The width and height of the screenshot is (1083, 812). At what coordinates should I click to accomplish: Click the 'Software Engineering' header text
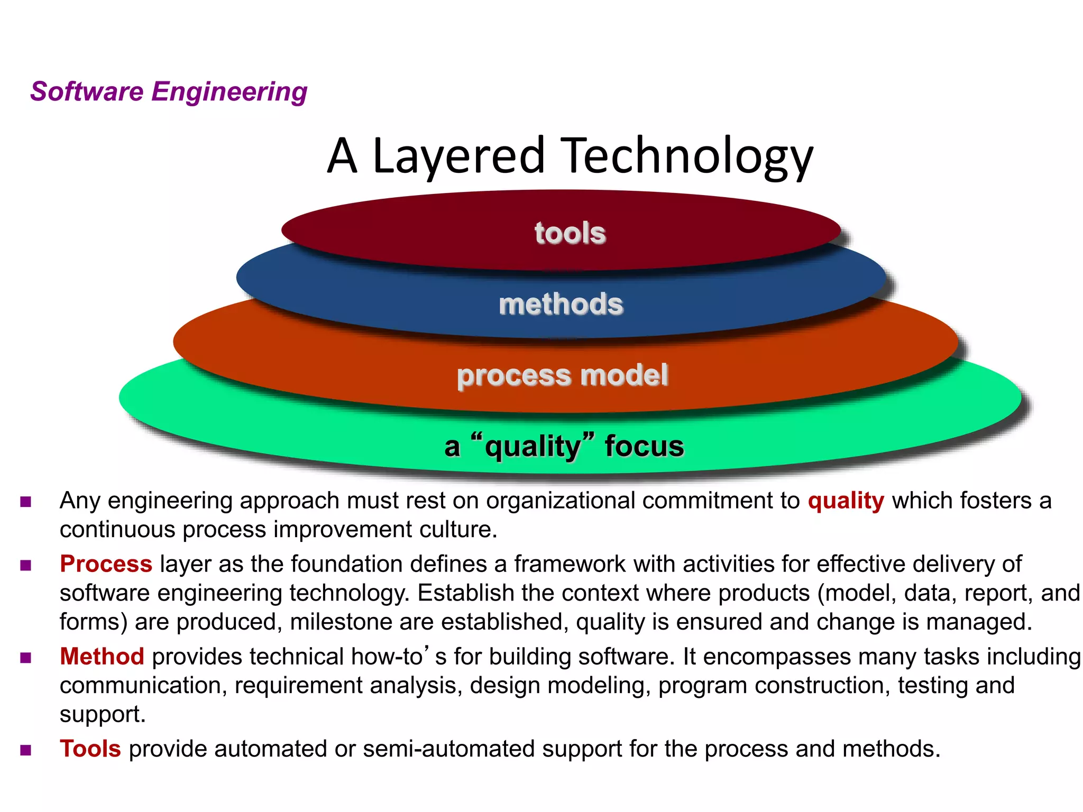(x=169, y=91)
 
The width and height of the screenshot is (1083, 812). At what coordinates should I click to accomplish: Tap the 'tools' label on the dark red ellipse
(x=570, y=233)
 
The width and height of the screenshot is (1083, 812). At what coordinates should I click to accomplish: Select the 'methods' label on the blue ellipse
(x=561, y=304)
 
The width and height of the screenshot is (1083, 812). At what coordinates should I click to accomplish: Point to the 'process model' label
(x=563, y=375)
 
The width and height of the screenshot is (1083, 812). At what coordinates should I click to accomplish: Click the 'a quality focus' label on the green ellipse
(x=564, y=446)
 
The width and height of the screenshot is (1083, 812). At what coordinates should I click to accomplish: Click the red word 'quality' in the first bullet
(x=846, y=501)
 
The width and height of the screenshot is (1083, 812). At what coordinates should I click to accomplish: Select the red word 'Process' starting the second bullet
(x=106, y=564)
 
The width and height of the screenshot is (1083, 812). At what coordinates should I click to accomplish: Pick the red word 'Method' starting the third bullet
(x=102, y=657)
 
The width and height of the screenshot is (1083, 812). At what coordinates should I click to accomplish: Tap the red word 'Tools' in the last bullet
(x=90, y=749)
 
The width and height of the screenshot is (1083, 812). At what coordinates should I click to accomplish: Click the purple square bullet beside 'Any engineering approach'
(x=26, y=502)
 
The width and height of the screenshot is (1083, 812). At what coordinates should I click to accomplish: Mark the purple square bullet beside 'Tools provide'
(x=26, y=750)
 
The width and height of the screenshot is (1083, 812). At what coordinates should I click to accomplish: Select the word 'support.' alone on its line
(x=103, y=715)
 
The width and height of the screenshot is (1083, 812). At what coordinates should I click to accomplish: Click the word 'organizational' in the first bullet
(x=561, y=501)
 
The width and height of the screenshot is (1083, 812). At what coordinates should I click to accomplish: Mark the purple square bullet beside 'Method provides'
(x=26, y=658)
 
